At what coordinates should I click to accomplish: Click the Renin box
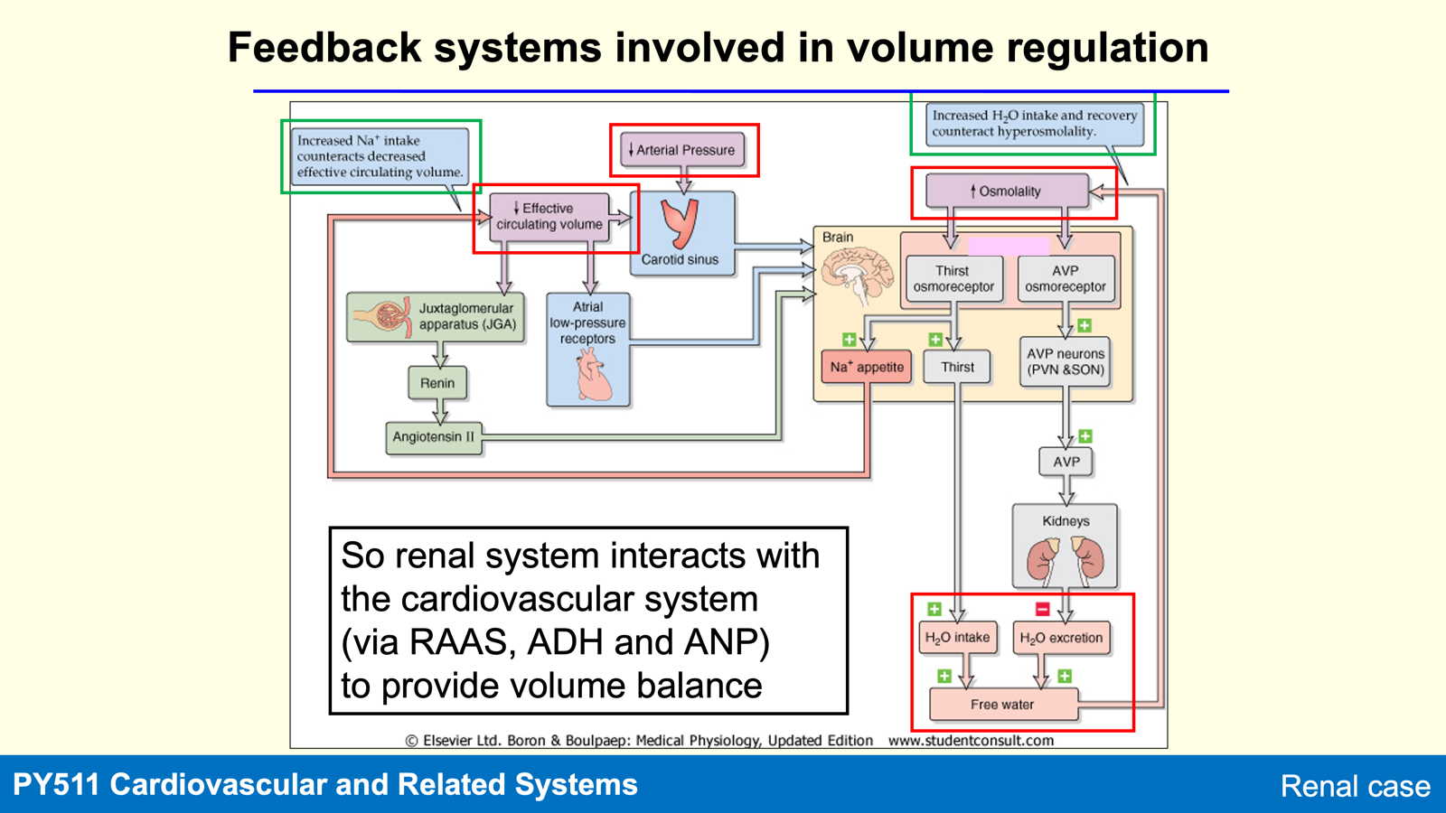[x=437, y=383]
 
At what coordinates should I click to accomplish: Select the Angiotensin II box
[x=434, y=437]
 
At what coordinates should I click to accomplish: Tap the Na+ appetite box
[x=867, y=367]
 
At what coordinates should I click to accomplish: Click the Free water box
[x=1003, y=705]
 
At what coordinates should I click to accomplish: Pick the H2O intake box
[x=957, y=638]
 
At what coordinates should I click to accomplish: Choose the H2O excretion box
[x=1061, y=638]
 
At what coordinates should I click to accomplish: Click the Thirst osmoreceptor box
[x=954, y=279]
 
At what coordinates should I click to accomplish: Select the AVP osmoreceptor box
[x=1066, y=279]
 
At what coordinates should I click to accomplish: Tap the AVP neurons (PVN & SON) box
[x=1066, y=362]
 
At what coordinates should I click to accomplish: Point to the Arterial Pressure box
[x=682, y=150]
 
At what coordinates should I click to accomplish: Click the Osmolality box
[x=1007, y=191]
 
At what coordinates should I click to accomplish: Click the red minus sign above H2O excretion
[x=1043, y=609]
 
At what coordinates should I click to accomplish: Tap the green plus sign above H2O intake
[x=934, y=609]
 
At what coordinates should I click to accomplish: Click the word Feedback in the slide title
[x=324, y=48]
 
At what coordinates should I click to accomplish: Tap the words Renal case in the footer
[x=1355, y=786]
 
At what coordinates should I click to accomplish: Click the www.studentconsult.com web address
[x=971, y=740]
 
